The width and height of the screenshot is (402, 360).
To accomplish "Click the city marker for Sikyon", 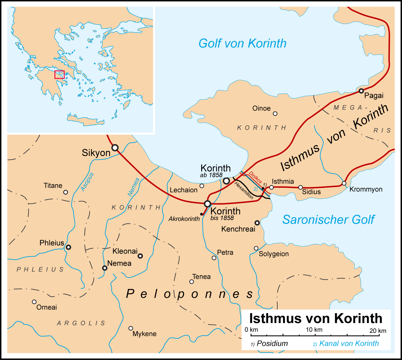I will pyautogui.click(x=115, y=147).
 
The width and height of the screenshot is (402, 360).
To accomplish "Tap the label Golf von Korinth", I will pyautogui.click(x=242, y=43).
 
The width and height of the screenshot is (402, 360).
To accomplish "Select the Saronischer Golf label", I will pyautogui.click(x=328, y=219).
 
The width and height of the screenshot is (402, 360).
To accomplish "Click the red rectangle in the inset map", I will pyautogui.click(x=59, y=74).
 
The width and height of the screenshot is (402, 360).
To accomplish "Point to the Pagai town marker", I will pyautogui.click(x=361, y=91).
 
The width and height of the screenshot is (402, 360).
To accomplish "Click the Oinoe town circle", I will pyautogui.click(x=275, y=114).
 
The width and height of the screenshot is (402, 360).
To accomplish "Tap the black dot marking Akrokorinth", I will pyautogui.click(x=201, y=214).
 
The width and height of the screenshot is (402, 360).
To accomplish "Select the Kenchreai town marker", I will pyautogui.click(x=257, y=223).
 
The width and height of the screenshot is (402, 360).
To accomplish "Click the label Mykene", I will pyautogui.click(x=144, y=334).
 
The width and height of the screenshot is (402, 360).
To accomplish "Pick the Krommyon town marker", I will pyautogui.click(x=344, y=183).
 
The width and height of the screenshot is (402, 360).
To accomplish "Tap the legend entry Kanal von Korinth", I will pyautogui.click(x=349, y=344).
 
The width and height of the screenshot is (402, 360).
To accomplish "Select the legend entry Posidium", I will pyautogui.click(x=272, y=344).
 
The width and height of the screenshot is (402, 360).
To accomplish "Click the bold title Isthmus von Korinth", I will pyautogui.click(x=316, y=318).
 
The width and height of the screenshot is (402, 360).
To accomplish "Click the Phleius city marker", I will pyautogui.click(x=68, y=247).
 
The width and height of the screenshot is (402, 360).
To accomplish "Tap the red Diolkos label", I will pyautogui.click(x=255, y=178).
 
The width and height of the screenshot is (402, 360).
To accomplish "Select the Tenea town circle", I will pyautogui.click(x=191, y=281).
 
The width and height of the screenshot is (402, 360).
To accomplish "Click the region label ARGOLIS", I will pyautogui.click(x=81, y=323).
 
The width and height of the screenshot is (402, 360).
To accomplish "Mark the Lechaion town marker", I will pyautogui.click(x=202, y=186).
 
